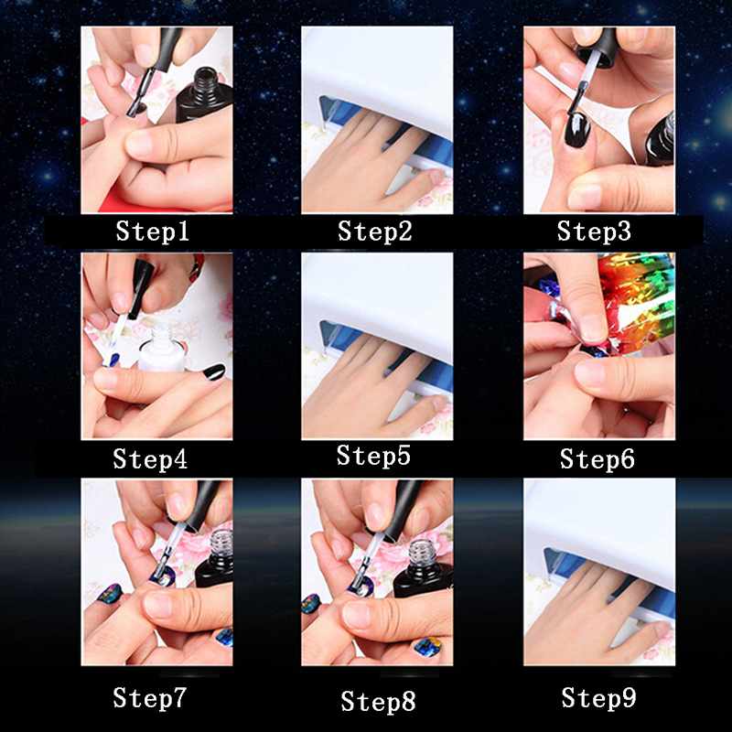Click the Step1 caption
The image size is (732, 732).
(x=152, y=231)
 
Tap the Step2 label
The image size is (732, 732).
(x=375, y=231)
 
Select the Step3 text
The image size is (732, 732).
(x=594, y=231)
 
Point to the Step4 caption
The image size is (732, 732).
(x=150, y=458)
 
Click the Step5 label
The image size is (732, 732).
(x=373, y=455)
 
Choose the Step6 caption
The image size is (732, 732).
(x=597, y=458)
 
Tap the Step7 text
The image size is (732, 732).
(x=149, y=697)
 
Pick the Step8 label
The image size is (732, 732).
(x=378, y=701)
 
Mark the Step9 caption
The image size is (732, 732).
(x=598, y=697)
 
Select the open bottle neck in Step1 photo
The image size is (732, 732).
(x=205, y=81)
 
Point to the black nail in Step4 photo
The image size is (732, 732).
(x=214, y=372)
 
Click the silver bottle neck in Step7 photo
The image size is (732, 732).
(x=220, y=543)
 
